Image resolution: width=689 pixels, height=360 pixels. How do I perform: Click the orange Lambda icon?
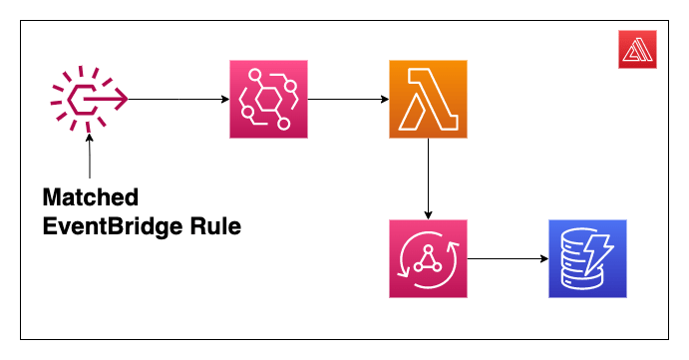[x=428, y=99]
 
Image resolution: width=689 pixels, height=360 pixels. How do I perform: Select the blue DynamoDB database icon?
[x=586, y=259]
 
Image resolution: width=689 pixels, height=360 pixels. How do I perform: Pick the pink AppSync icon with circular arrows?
[x=428, y=259]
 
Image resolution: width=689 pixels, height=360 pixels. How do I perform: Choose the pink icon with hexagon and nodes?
[x=268, y=99]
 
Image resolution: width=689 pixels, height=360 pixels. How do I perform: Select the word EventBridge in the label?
[x=122, y=226]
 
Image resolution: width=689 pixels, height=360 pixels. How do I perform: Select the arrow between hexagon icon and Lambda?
[x=348, y=99]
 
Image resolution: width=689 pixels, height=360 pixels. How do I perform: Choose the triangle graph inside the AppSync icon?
[x=428, y=259]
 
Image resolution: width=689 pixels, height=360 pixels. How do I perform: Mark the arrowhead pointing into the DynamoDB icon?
[x=542, y=259]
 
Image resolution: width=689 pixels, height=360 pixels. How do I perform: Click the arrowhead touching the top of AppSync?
[x=428, y=214]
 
